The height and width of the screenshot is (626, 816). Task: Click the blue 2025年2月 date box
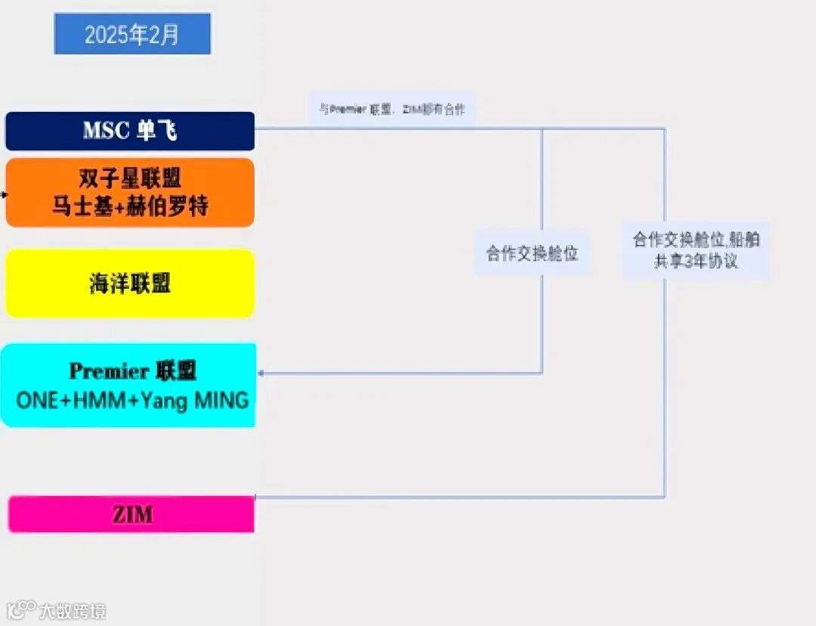pos(132,34)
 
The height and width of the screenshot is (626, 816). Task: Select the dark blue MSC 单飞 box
pos(130,131)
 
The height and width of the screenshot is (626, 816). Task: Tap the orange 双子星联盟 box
pos(130,192)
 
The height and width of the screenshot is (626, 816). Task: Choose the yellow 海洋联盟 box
pos(130,284)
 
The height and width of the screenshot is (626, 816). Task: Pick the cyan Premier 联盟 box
pos(130,385)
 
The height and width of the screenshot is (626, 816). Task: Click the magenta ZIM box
pos(131,515)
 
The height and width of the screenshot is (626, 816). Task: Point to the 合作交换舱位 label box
pos(532,253)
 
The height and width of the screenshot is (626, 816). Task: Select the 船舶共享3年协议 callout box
pos(696,250)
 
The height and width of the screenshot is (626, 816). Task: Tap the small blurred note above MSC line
pos(392,110)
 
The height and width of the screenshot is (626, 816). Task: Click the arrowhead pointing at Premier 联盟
pos(261,373)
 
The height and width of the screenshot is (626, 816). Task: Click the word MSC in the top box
pos(106,131)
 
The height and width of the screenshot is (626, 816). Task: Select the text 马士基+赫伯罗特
pos(130,206)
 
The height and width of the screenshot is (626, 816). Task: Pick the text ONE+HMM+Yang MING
pos(132,400)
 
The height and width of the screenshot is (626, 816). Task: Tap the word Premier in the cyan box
pos(110,371)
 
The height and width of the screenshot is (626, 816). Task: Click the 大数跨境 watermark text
pos(73,611)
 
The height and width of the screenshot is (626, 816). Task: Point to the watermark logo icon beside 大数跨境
pos(22,609)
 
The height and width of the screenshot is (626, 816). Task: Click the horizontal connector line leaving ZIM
pos(453,497)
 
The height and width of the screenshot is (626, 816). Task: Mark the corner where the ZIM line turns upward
pos(665,497)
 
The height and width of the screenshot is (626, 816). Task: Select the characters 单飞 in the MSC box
pos(156,131)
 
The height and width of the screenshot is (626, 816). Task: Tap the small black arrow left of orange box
pos(4,194)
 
